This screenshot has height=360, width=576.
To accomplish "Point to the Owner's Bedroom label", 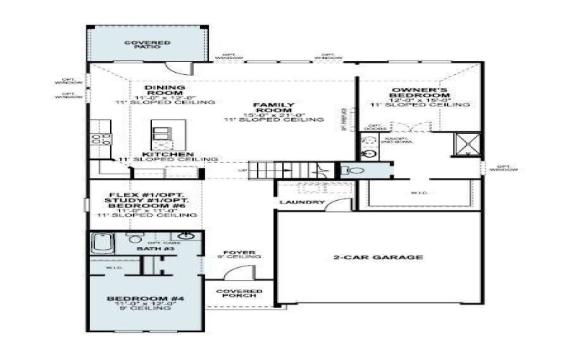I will coord(420,93).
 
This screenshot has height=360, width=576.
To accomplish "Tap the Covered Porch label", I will coord(240,294).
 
